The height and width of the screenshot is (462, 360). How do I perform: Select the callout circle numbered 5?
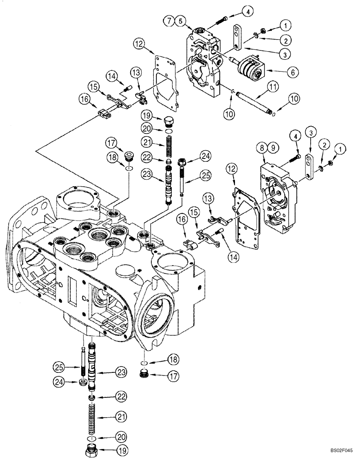coord(180,20)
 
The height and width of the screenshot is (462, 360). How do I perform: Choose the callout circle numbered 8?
coord(262,149)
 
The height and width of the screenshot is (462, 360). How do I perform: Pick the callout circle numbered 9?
coord(273,149)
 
